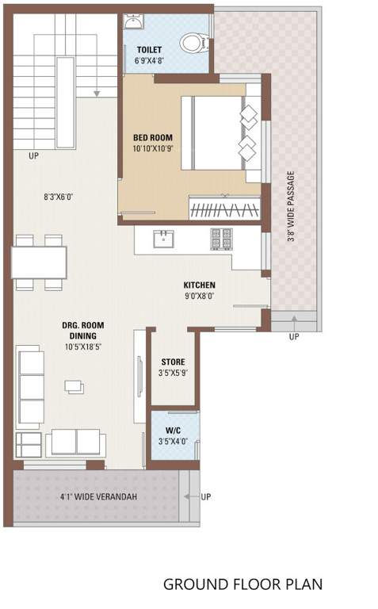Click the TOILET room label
tap(149, 49)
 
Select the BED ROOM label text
tap(153, 136)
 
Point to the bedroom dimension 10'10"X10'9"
tap(153, 148)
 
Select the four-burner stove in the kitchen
tap(220, 237)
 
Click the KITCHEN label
tap(199, 285)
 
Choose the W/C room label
tap(174, 432)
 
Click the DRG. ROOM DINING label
tap(83, 331)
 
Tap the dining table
tap(39, 262)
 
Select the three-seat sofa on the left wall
tap(31, 386)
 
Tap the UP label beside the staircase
tap(32, 156)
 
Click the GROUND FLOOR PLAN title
tap(242, 584)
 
